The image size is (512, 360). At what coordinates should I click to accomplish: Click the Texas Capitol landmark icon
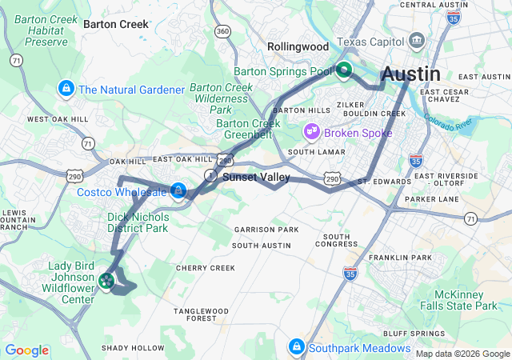416,41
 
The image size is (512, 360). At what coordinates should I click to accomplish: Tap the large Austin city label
410,74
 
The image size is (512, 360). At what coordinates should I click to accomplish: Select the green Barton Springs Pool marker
344,71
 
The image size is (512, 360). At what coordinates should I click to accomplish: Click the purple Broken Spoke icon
311,130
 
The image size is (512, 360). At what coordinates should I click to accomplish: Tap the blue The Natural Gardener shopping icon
66,88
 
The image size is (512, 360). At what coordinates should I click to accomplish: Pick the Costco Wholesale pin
178,190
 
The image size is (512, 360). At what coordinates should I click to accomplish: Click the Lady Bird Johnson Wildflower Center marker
106,280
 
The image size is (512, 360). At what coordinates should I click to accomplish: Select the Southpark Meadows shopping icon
296,346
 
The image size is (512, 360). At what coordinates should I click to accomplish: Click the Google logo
27,350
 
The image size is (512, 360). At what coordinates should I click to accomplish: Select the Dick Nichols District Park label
138,222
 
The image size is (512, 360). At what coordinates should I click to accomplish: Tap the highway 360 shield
223,31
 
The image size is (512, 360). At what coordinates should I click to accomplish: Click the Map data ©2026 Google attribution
462,353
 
